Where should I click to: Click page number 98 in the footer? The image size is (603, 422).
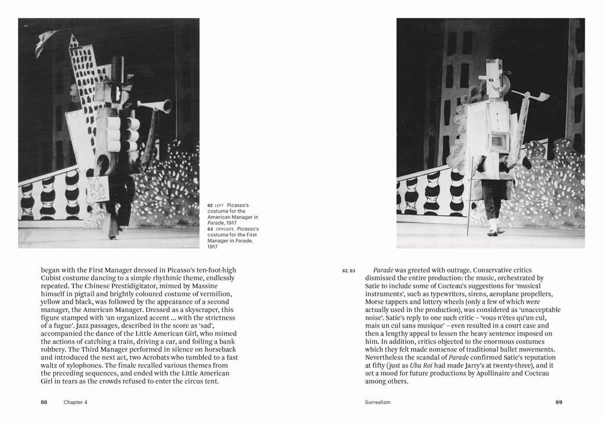coord(44,402)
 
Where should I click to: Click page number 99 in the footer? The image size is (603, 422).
coord(559,402)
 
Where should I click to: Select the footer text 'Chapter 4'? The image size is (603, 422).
coord(75,402)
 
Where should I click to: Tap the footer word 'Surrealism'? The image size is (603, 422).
coord(378,402)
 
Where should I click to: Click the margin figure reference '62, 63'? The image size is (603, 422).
coord(348,271)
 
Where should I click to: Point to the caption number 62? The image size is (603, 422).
coord(210,205)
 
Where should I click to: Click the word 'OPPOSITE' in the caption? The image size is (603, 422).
coord(224,229)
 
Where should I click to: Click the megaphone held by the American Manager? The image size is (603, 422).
coord(157,106)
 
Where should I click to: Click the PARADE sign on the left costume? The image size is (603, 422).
coord(98,188)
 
